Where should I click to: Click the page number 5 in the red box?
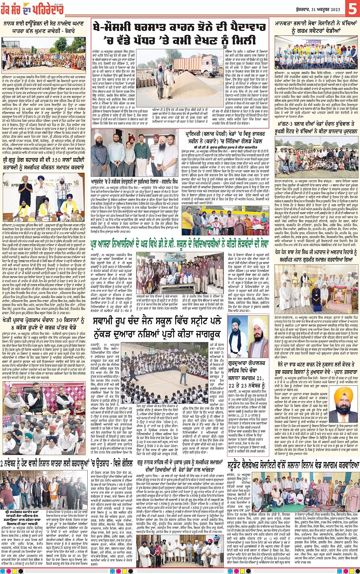coord(350,8)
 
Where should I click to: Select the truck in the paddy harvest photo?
coord(195,64)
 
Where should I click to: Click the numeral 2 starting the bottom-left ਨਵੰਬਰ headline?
coord(3,464)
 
